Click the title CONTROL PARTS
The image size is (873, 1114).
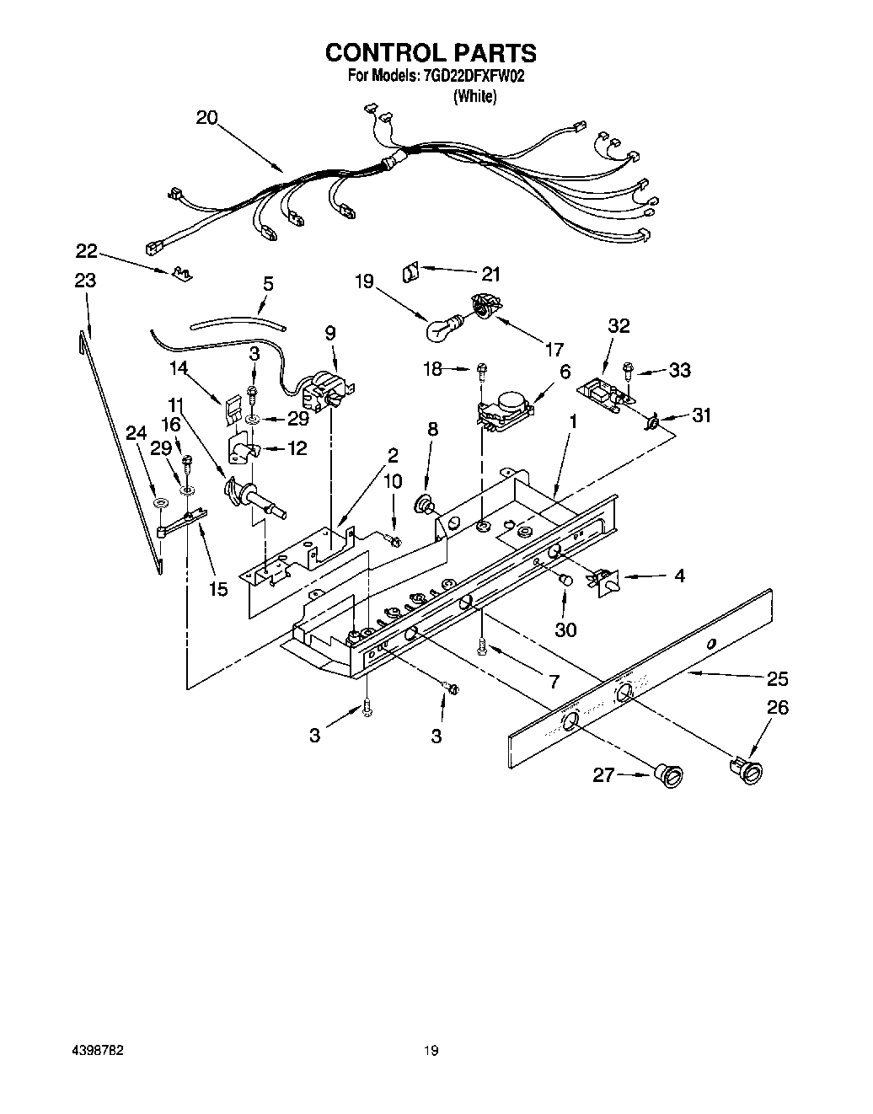pyautogui.click(x=431, y=52)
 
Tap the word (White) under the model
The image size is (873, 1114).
pyautogui.click(x=474, y=96)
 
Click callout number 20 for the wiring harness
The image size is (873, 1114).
pyautogui.click(x=207, y=118)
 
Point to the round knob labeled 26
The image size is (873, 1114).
pyautogui.click(x=745, y=769)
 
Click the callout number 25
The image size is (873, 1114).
pyautogui.click(x=778, y=678)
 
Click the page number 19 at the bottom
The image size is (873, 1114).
pyautogui.click(x=431, y=1051)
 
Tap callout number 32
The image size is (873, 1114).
pyautogui.click(x=619, y=325)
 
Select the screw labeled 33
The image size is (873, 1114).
pyautogui.click(x=629, y=367)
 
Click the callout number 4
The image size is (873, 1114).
pyautogui.click(x=679, y=576)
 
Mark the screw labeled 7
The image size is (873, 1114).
pyautogui.click(x=482, y=646)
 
